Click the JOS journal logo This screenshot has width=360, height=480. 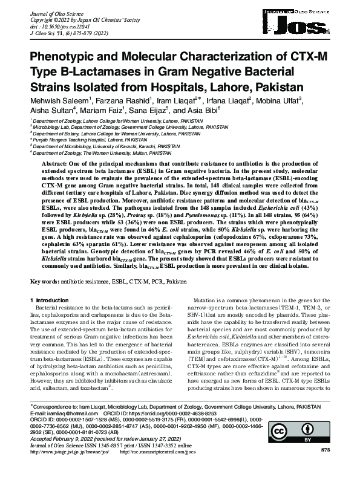(306, 24)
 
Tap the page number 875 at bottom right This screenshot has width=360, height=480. (326, 467)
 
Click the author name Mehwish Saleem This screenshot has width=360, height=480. (56, 99)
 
